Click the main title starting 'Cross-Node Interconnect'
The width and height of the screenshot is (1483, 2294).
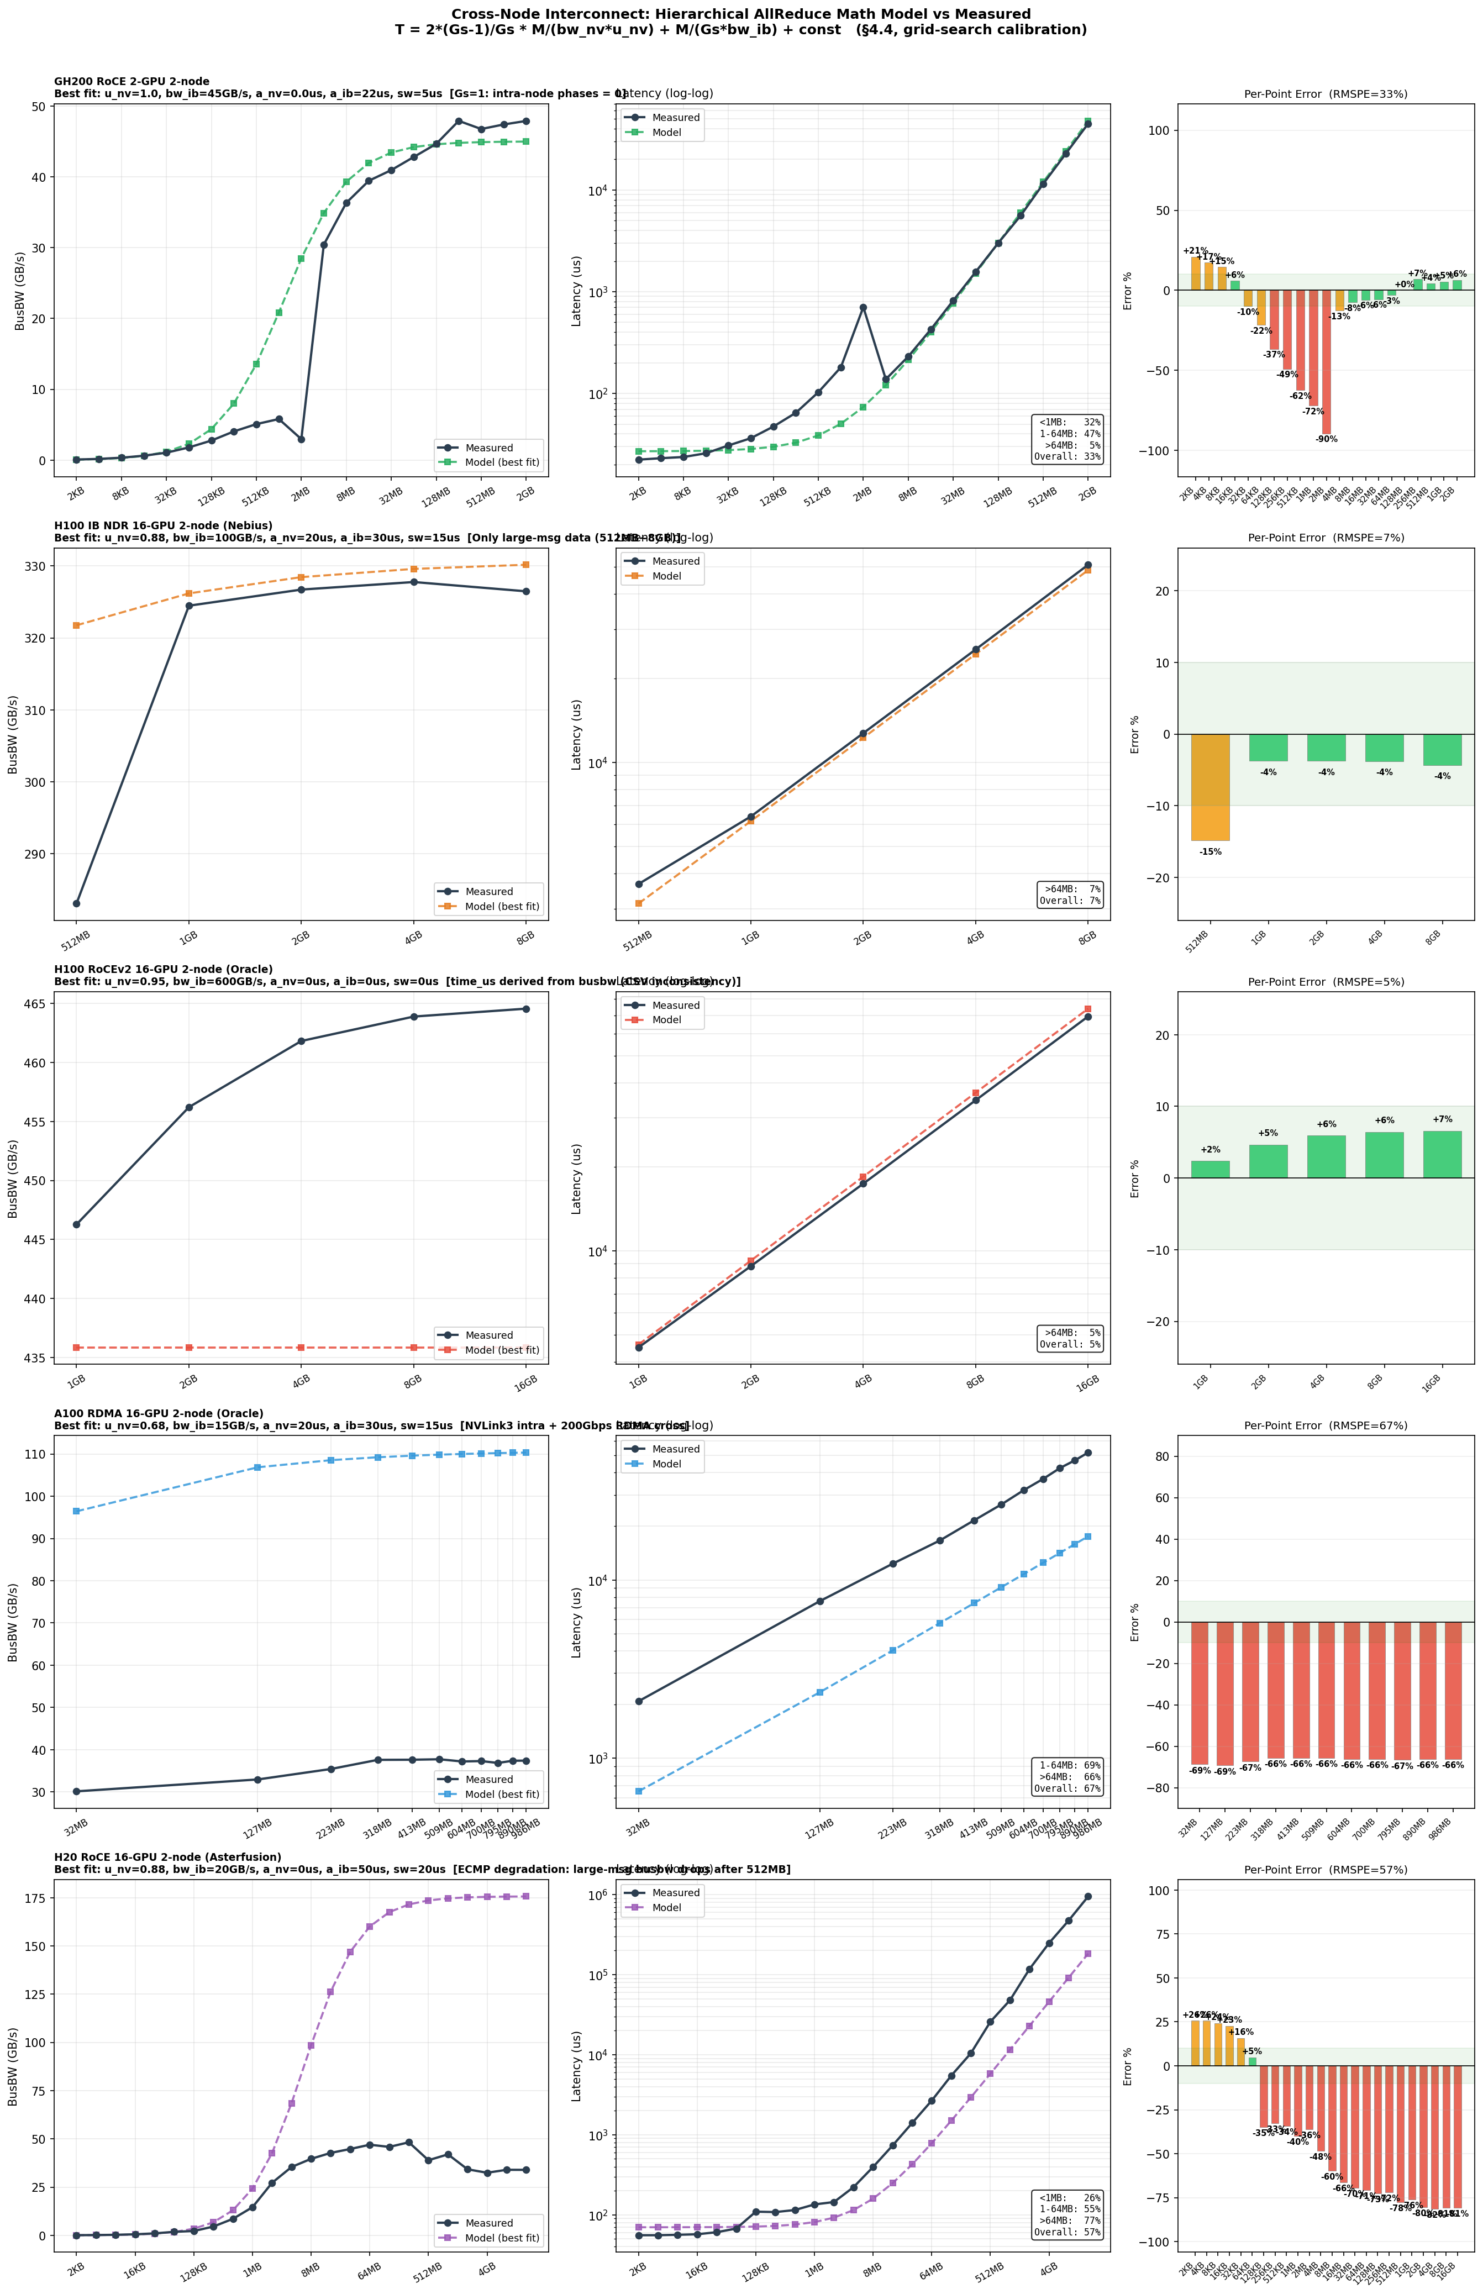[740, 14]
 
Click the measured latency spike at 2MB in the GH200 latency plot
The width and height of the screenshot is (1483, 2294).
[863, 307]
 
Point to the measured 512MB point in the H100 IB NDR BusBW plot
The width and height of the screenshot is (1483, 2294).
[76, 903]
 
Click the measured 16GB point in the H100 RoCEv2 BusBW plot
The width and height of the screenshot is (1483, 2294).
[526, 1009]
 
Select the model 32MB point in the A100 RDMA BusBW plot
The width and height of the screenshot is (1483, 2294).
[76, 1511]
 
